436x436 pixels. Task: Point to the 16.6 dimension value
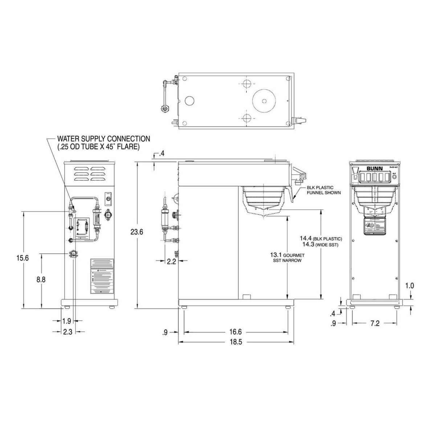click(x=235, y=331)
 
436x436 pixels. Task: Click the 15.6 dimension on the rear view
click(x=23, y=257)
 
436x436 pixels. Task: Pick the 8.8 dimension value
click(x=41, y=280)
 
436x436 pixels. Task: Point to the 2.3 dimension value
click(x=66, y=331)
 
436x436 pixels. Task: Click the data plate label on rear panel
click(x=102, y=276)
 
